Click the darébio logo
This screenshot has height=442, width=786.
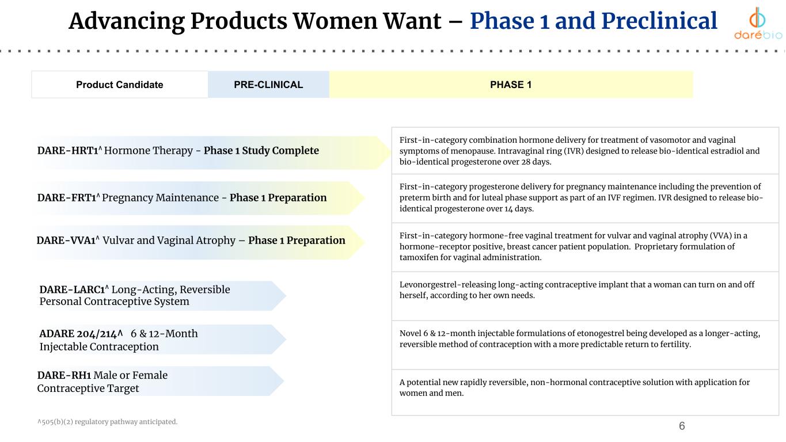point(758,23)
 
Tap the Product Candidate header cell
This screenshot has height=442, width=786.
point(120,85)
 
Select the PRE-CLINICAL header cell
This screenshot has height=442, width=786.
point(268,85)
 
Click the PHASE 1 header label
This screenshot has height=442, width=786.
point(511,85)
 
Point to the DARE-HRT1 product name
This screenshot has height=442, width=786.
point(68,150)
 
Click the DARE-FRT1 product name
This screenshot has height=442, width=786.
point(67,198)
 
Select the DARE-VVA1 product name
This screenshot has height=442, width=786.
point(66,241)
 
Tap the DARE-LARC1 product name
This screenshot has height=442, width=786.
point(73,289)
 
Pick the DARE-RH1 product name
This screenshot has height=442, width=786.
point(64,375)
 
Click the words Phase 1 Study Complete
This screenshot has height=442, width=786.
point(261,150)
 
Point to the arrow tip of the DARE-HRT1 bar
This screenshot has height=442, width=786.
point(390,153)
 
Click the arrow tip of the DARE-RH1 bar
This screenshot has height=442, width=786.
point(283,381)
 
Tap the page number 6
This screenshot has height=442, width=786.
point(682,426)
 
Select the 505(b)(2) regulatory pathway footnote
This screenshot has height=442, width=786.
point(107,422)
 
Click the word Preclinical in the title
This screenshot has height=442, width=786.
point(659,21)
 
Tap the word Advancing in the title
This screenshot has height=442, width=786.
point(127,22)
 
